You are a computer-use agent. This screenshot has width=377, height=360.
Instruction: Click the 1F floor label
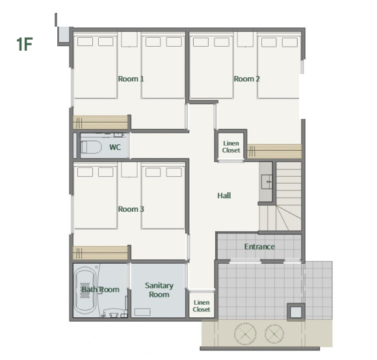[x=24, y=44]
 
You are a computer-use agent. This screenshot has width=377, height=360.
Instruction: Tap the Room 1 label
[x=131, y=79]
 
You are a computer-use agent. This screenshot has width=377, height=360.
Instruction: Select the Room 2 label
[x=247, y=79]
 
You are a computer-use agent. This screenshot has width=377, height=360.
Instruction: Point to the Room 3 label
[x=131, y=209]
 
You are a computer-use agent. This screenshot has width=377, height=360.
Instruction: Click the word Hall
[x=224, y=196]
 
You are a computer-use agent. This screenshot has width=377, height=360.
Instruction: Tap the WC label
[x=115, y=148]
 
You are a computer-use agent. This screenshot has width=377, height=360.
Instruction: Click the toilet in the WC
[x=90, y=148]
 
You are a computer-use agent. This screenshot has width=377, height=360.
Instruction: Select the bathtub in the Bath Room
[x=84, y=290]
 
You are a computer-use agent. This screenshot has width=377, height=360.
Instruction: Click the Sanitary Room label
[x=159, y=290]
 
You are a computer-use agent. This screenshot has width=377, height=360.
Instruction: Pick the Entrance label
[x=259, y=246]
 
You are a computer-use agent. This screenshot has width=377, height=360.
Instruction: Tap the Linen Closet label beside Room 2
[x=231, y=147]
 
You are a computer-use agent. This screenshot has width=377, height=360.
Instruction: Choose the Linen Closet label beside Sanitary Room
[x=201, y=306]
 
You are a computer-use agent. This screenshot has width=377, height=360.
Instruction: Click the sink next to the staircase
[x=266, y=182]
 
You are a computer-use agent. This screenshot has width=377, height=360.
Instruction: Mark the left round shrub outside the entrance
[x=245, y=334]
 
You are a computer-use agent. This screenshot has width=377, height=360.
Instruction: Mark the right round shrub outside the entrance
[x=274, y=334]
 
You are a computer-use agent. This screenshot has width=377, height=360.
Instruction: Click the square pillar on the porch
[x=296, y=312]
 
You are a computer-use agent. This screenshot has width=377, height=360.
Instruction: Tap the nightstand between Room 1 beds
[x=129, y=40]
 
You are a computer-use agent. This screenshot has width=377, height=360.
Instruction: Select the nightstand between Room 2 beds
[x=245, y=40]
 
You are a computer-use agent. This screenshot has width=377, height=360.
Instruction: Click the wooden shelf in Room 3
[x=100, y=253]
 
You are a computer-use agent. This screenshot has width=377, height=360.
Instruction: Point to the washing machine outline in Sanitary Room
[x=142, y=312]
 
